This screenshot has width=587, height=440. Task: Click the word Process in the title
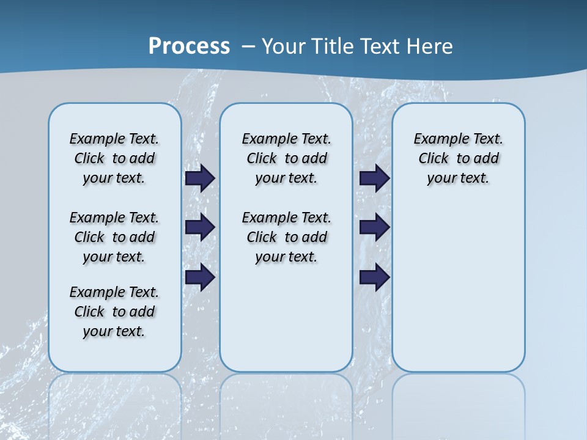pos(189,46)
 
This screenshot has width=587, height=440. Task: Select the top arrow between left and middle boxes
pos(200,178)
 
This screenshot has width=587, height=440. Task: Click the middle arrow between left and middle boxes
pos(200,227)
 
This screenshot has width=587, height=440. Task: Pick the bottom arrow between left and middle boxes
pos(200,277)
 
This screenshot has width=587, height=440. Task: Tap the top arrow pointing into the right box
pos(374,178)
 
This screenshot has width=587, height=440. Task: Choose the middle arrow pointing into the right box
pos(374,227)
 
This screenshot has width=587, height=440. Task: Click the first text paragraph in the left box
pos(114,158)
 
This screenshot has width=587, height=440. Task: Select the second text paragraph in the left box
pos(114,237)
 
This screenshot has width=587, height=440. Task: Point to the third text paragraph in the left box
pos(114,312)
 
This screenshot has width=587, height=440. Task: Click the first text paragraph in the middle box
pos(286,158)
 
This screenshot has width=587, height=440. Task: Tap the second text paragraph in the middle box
pos(286,237)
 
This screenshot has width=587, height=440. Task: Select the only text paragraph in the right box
pos(458,158)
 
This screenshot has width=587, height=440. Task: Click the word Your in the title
pos(284,46)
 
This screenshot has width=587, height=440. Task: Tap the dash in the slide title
pos(248,46)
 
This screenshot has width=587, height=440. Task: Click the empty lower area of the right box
pos(458,287)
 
